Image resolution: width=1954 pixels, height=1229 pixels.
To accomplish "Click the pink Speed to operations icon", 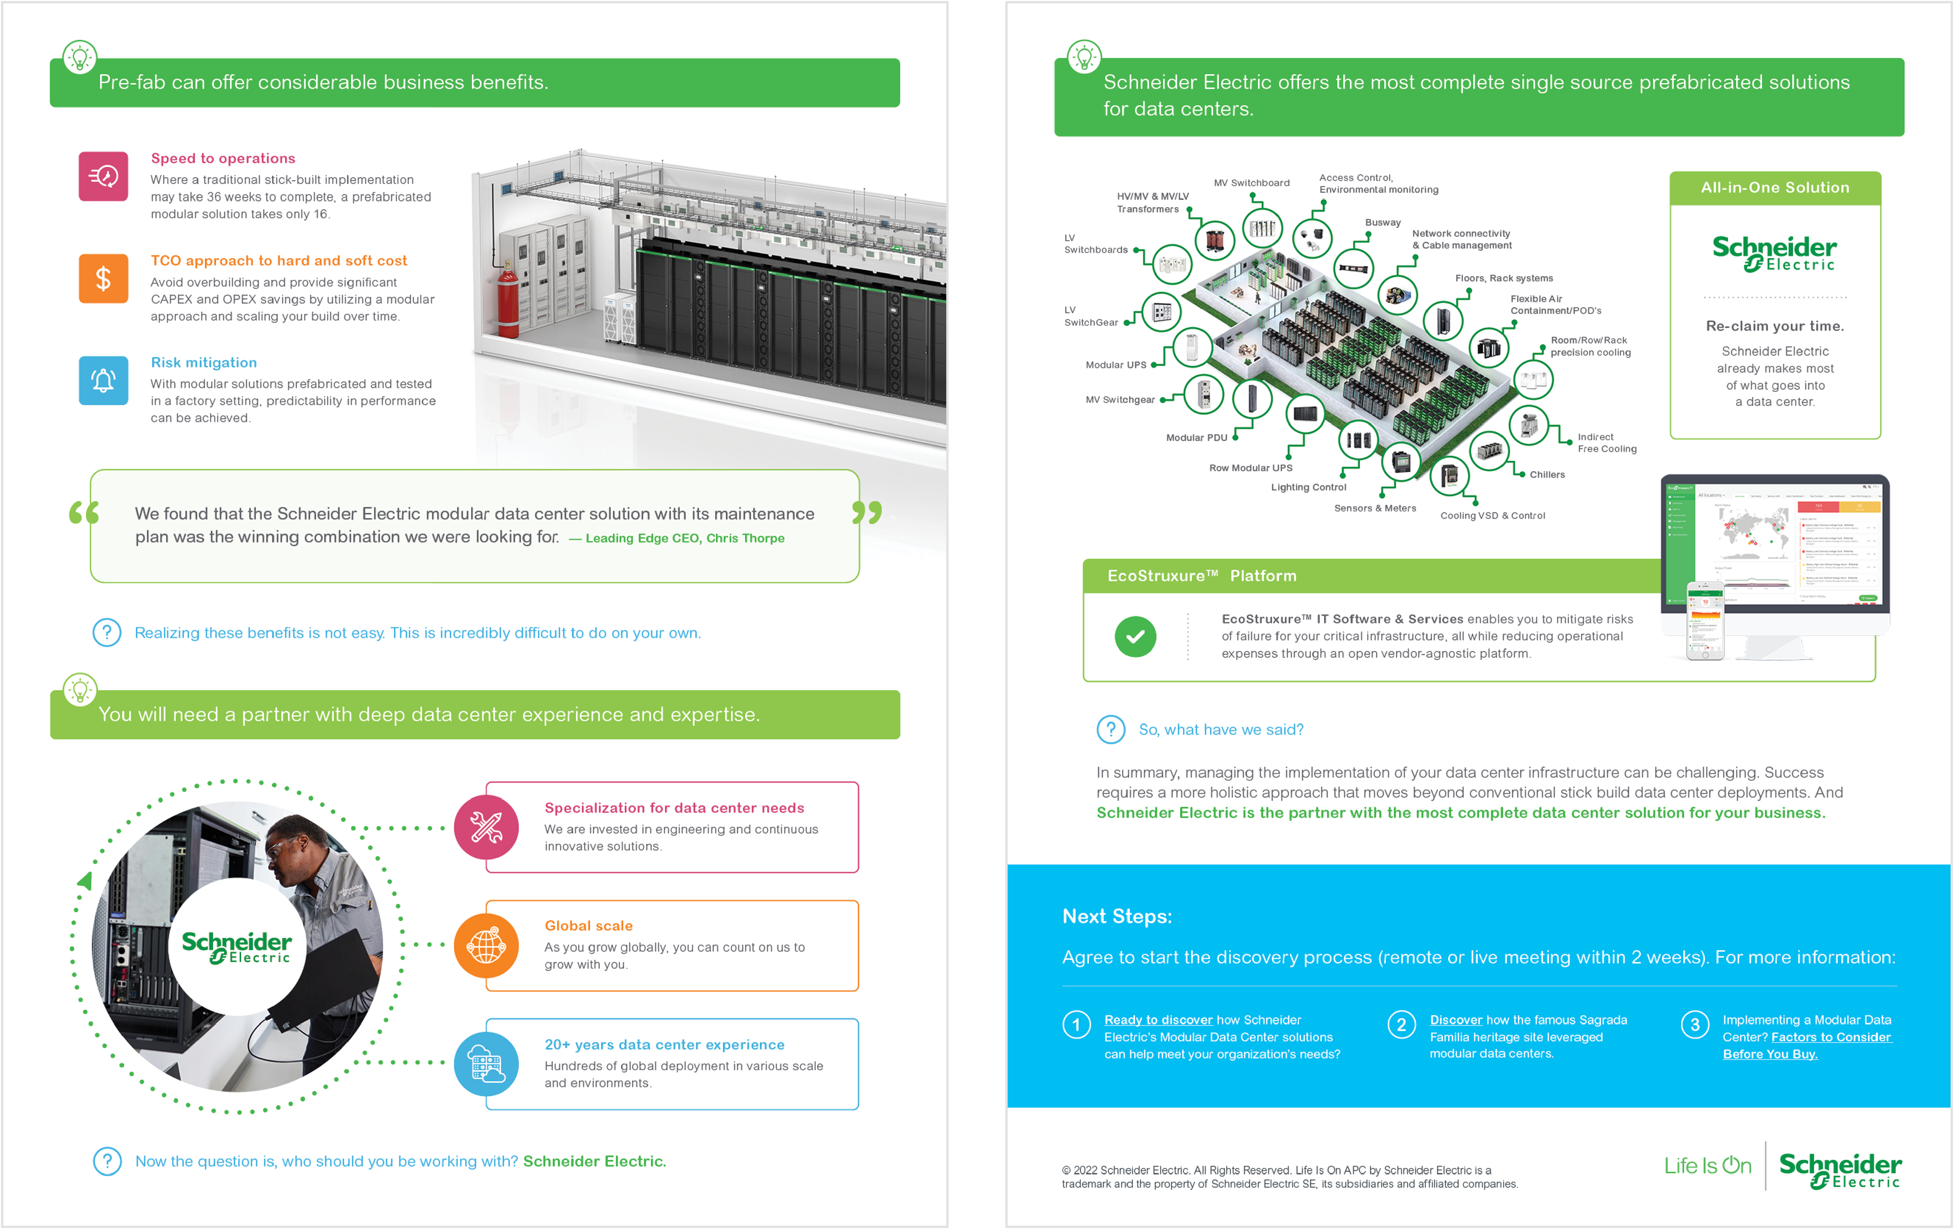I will pos(103,176).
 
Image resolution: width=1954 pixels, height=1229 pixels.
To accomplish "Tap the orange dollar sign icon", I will pos(103,278).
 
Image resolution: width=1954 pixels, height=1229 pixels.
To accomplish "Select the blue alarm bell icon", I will pos(103,380).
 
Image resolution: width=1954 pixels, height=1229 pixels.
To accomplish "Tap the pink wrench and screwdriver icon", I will pos(486,827).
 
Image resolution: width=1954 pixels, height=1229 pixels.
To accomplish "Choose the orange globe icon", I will pos(486,946).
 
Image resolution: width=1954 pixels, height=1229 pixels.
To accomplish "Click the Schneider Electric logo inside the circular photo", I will pos(236,947).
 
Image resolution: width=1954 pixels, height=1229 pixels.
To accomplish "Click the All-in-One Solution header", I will pos(1775,187).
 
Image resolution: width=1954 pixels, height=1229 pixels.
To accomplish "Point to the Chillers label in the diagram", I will pos(1546,475).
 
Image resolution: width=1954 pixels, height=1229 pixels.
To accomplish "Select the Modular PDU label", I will pos(1196,438).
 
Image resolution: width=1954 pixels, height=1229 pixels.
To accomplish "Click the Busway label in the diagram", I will pos(1383,222).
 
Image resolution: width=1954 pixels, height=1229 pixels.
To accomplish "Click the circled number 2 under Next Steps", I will pos(1401,1024).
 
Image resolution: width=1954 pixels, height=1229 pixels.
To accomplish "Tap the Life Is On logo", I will pos(1707,1166).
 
